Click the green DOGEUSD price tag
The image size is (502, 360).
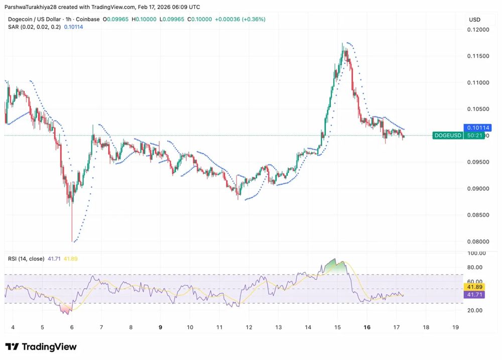click(448, 136)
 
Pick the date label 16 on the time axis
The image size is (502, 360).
click(367, 327)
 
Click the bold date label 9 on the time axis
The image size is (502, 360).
click(161, 327)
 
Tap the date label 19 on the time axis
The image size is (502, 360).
click(455, 327)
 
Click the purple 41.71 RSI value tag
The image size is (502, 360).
click(474, 295)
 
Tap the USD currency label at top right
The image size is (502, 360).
click(474, 20)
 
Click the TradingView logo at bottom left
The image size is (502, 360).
click(41, 347)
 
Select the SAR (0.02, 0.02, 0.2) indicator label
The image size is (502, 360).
click(34, 27)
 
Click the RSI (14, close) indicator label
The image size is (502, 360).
click(26, 259)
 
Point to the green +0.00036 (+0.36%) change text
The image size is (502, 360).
click(240, 19)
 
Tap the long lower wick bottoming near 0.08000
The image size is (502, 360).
click(72, 226)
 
